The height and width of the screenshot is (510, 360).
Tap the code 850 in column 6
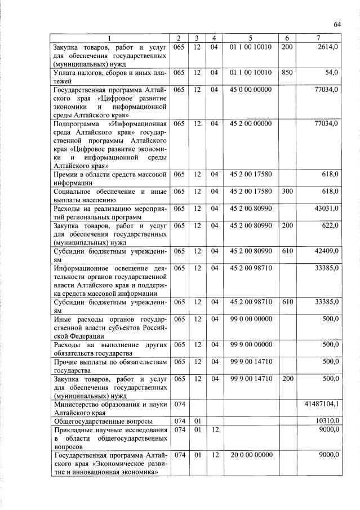point(286,73)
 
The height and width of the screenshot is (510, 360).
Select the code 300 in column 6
point(286,192)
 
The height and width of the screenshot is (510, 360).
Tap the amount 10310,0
point(326,420)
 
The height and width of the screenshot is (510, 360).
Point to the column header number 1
point(110,38)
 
